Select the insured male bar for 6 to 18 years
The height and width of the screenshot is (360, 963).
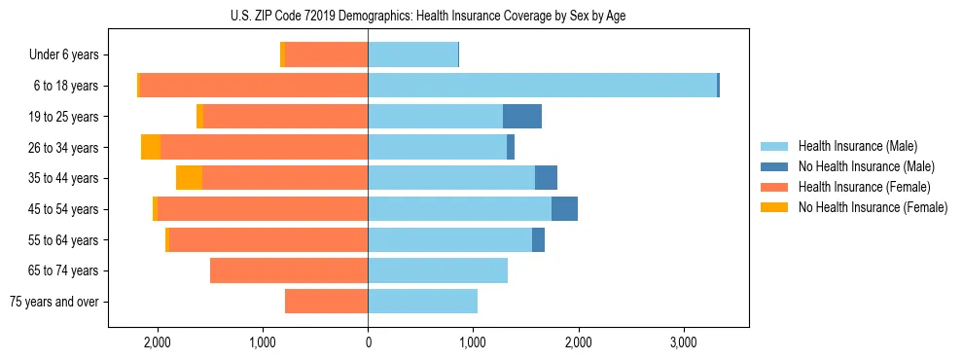pos(542,86)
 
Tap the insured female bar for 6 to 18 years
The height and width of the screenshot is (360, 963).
pos(254,86)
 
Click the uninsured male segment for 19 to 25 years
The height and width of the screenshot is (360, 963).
pos(522,117)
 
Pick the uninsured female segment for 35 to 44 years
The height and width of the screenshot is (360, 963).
pos(189,178)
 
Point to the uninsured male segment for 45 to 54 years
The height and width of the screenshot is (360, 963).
pos(564,209)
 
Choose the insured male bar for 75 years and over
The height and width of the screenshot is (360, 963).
pos(422,302)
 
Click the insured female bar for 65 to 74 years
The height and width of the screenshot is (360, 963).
pos(289,270)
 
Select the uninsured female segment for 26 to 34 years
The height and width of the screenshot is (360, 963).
pos(151,147)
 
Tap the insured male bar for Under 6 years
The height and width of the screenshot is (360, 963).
pos(412,55)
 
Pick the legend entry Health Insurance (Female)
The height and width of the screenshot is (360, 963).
pos(864,187)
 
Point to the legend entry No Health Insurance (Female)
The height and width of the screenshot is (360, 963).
pos(873,207)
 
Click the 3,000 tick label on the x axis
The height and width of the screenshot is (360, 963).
pos(683,343)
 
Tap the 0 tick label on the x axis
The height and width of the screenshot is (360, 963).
pos(368,343)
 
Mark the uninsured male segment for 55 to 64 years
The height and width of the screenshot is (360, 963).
pos(538,240)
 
